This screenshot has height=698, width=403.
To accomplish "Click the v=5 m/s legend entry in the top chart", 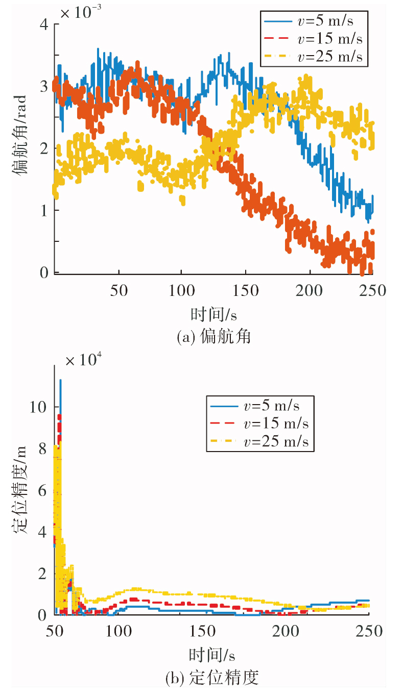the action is pyautogui.click(x=309, y=21).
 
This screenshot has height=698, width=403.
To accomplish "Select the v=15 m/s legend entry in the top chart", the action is pyautogui.click(x=313, y=39).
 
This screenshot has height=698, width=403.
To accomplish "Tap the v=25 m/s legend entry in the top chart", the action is pyautogui.click(x=313, y=57).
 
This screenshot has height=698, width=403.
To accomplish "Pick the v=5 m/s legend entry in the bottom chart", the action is pyautogui.click(x=255, y=406).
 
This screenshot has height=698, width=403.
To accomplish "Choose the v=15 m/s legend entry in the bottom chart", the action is pyautogui.click(x=259, y=423).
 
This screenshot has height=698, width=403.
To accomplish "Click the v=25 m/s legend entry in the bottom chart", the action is pyautogui.click(x=259, y=441).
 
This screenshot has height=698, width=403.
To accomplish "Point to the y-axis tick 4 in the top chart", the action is pyautogui.click(x=44, y=24).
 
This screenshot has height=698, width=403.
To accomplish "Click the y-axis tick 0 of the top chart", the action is pyautogui.click(x=44, y=272).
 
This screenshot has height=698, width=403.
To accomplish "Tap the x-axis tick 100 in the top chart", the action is pyautogui.click(x=181, y=290).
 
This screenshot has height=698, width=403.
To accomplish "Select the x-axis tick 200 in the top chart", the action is pyautogui.click(x=309, y=290).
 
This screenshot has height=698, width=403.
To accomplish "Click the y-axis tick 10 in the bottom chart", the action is pyautogui.click(x=38, y=407).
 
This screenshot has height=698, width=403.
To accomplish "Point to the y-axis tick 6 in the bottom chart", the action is pyautogui.click(x=42, y=491).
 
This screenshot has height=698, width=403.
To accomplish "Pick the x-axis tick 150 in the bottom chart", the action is pyautogui.click(x=203, y=631).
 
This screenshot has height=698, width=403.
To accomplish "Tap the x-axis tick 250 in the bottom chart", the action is pyautogui.click(x=369, y=631).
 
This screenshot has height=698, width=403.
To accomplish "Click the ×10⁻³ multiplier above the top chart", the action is pyautogui.click(x=81, y=12).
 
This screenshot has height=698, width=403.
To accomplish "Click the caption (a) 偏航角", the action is pyautogui.click(x=214, y=337).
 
